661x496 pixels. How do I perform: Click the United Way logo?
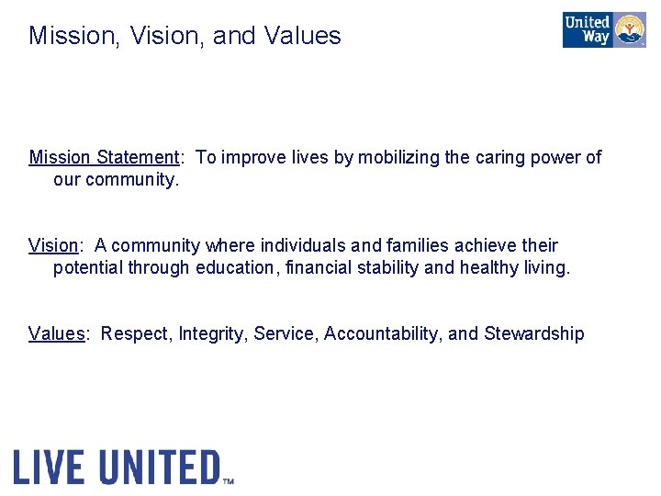pos(604,30)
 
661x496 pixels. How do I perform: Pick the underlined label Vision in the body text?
pos(53,245)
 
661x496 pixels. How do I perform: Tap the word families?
pos(409,245)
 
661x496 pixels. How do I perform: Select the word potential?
pos(87,267)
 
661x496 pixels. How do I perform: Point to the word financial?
pos(318,267)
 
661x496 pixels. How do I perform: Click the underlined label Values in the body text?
pos(56,333)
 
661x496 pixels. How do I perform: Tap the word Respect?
pos(135,333)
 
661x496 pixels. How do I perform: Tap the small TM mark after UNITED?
pos(229,479)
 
